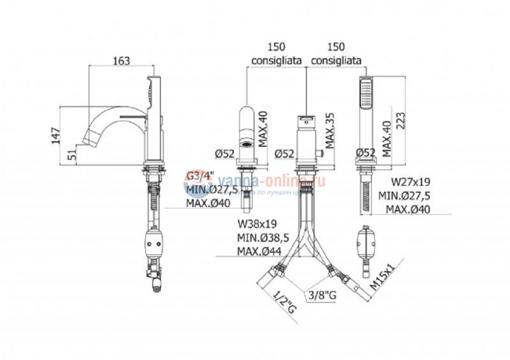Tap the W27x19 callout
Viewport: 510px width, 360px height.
[x=399, y=182]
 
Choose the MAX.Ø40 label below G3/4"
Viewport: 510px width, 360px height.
[x=208, y=202]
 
